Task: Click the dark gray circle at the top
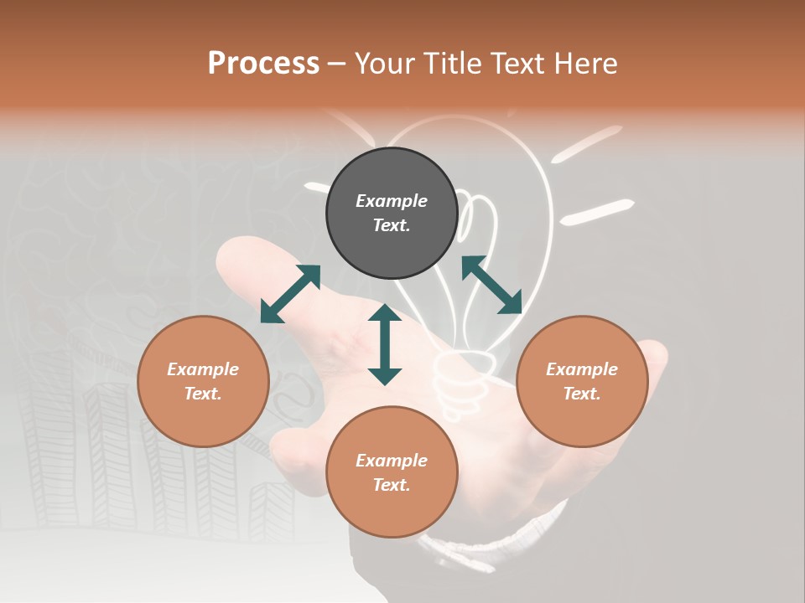392,214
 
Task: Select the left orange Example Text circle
203,381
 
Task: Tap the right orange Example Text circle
582,381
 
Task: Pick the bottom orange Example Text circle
392,472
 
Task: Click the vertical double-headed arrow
385,344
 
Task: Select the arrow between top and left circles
290,294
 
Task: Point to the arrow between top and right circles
491,285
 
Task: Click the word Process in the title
263,63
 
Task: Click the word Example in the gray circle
392,201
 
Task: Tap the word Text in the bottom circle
392,485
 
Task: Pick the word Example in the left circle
203,369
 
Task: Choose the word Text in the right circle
582,394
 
